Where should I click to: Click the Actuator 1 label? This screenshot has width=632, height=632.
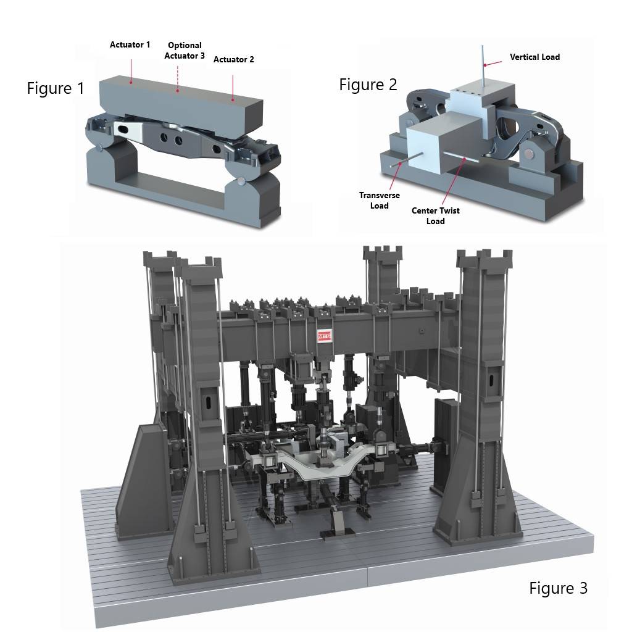[x=130, y=44]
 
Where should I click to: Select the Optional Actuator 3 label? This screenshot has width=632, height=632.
[x=185, y=51]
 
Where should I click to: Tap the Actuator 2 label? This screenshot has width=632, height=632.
[x=233, y=59]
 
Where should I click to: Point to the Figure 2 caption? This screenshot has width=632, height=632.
[x=368, y=85]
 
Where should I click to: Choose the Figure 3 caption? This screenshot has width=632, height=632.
[x=558, y=588]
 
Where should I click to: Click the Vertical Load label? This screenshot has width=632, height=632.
[x=534, y=57]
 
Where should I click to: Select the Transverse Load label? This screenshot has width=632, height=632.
[x=380, y=200]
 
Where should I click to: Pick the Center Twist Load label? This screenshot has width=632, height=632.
[x=435, y=215]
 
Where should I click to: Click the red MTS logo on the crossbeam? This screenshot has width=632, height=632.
[x=325, y=336]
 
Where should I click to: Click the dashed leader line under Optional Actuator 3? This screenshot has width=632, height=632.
[x=178, y=77]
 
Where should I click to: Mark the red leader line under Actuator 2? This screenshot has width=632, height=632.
[x=233, y=86]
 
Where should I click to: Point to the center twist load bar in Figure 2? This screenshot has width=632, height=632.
[x=465, y=159]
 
